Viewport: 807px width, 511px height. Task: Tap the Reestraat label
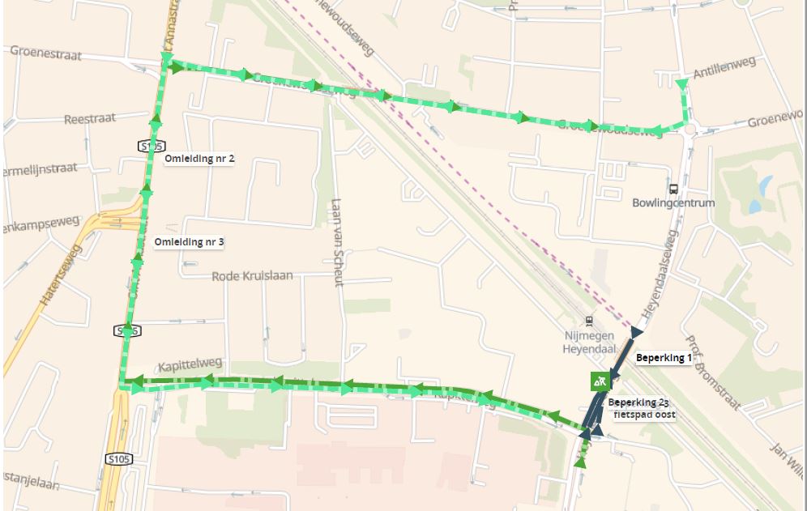[90, 119]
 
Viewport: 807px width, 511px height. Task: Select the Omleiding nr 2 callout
[199, 159]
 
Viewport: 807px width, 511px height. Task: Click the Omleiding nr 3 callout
[189, 242]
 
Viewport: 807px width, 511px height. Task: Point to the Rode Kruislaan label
[252, 276]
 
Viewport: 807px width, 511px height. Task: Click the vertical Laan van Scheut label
[338, 242]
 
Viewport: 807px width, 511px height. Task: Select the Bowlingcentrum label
[673, 202]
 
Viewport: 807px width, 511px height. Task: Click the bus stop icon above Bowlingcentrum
[673, 188]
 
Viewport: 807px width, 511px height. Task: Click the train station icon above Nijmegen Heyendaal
[589, 321]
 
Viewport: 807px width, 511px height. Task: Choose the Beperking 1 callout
[663, 358]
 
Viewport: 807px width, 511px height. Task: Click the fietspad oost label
[643, 415]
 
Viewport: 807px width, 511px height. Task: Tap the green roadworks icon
[599, 381]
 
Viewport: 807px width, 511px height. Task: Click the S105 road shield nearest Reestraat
[152, 146]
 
